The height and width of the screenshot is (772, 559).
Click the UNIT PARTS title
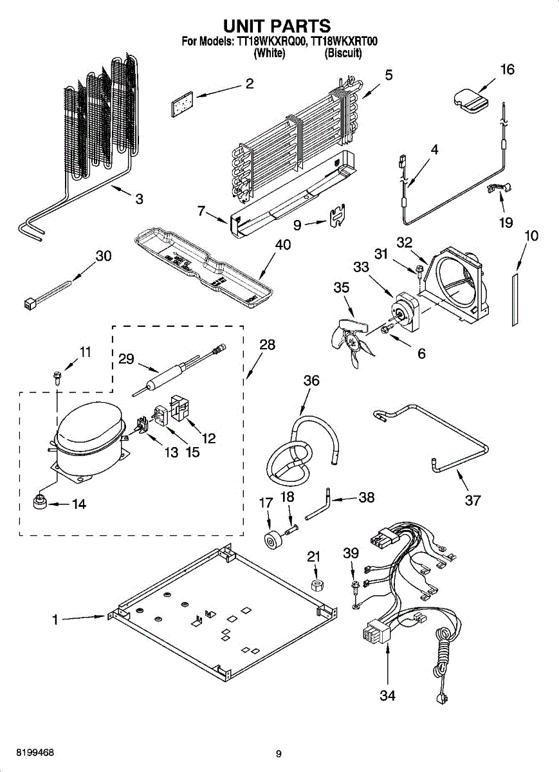pos(277,26)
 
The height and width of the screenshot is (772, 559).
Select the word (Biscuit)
pos(344,53)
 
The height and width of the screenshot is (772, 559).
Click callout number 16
pos(508,69)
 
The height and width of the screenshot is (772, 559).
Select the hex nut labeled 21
pos(315,585)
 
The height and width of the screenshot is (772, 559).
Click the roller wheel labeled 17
pos(273,540)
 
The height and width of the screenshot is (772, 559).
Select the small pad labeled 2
pos(182,104)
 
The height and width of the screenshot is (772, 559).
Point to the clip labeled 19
pos(499,188)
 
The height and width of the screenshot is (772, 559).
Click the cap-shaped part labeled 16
pos(471,100)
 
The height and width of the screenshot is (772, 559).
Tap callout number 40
pos(283,244)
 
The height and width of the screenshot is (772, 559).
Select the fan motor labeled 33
pos(406,311)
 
